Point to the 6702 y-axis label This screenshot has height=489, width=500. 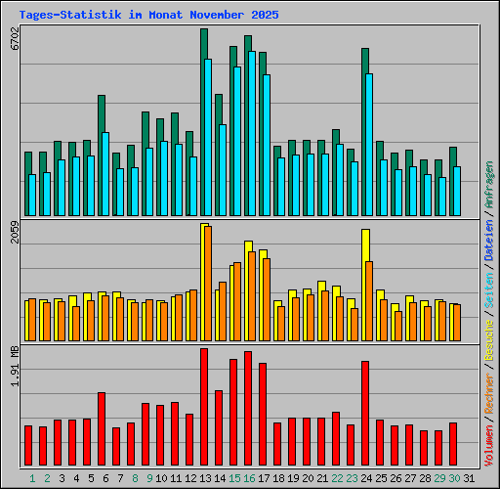pyautogui.click(x=15, y=43)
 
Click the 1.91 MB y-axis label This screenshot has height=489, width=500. pyautogui.click(x=15, y=366)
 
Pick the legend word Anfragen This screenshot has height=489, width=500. pyautogui.click(x=488, y=186)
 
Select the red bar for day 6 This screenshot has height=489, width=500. pyautogui.click(x=102, y=428)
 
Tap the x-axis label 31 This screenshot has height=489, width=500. pyautogui.click(x=469, y=477)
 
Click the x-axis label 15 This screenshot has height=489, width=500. pyautogui.click(x=233, y=477)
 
